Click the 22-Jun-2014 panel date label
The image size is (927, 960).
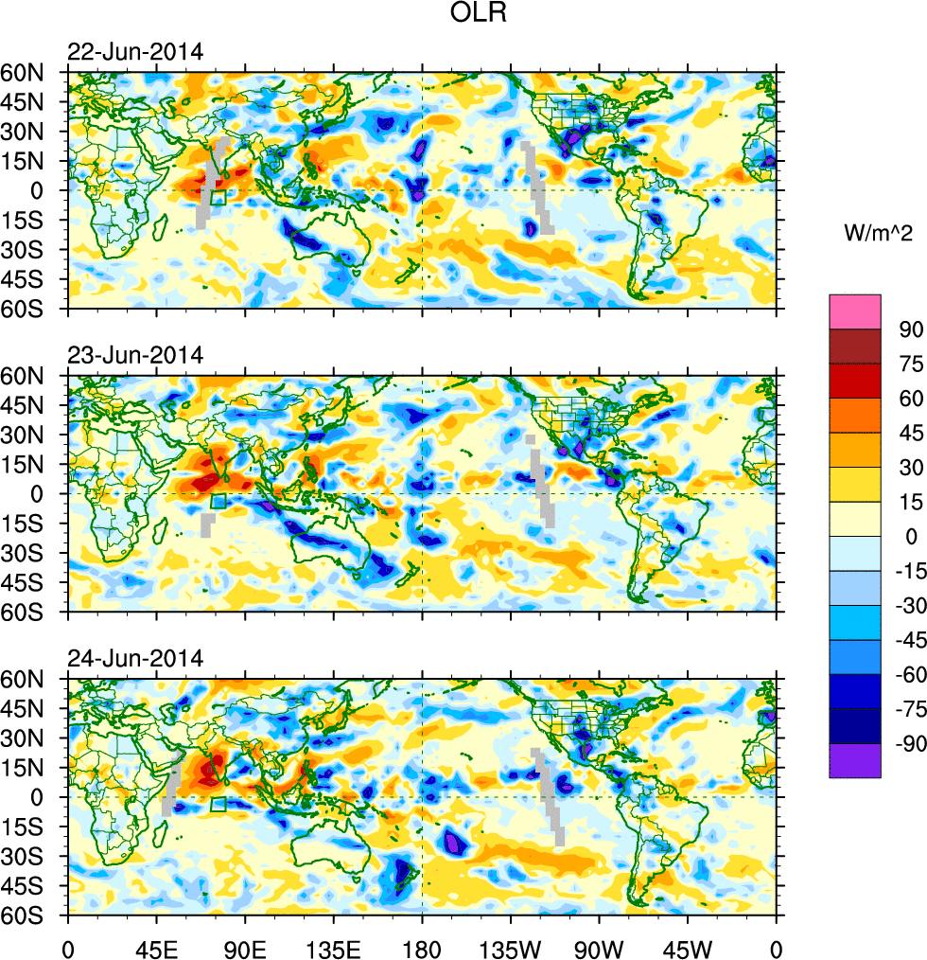[134, 52]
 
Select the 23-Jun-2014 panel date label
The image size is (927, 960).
[134, 356]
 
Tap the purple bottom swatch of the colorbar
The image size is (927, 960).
[854, 760]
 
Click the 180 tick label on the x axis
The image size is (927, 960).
[422, 947]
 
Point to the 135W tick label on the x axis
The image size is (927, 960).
[511, 947]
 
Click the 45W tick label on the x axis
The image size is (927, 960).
[688, 947]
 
